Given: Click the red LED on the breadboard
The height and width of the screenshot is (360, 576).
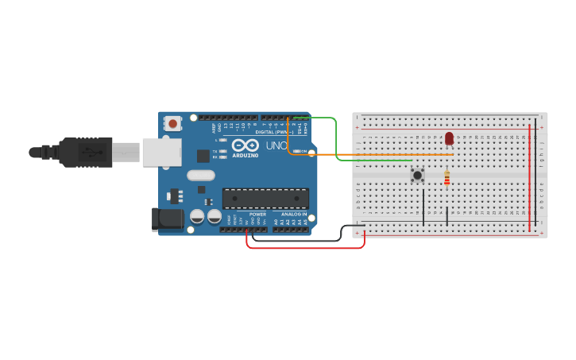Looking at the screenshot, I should (449, 139).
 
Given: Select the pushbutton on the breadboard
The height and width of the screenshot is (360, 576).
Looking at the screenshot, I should (417, 175).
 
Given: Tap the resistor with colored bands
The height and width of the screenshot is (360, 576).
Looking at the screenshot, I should (446, 179).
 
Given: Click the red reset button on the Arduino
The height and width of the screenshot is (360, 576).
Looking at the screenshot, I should (172, 123).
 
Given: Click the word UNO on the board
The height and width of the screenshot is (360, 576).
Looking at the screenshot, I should (276, 146).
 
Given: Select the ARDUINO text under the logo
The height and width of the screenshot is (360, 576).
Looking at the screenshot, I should (245, 155).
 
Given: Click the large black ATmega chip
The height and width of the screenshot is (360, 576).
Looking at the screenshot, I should (265, 199).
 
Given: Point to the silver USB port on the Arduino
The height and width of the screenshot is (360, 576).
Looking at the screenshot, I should (162, 152).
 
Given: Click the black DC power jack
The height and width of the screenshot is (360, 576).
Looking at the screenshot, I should (165, 219).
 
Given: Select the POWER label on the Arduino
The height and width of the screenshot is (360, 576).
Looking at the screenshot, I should (257, 214).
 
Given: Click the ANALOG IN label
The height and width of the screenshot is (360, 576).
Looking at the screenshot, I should (292, 214).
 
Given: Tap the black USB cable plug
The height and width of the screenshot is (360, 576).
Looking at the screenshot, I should (87, 152).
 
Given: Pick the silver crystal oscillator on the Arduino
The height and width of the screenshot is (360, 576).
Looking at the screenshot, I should (201, 176).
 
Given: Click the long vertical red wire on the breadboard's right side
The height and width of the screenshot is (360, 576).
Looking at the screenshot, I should (530, 179).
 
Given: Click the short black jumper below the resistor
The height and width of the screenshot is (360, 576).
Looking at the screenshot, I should (447, 214).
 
